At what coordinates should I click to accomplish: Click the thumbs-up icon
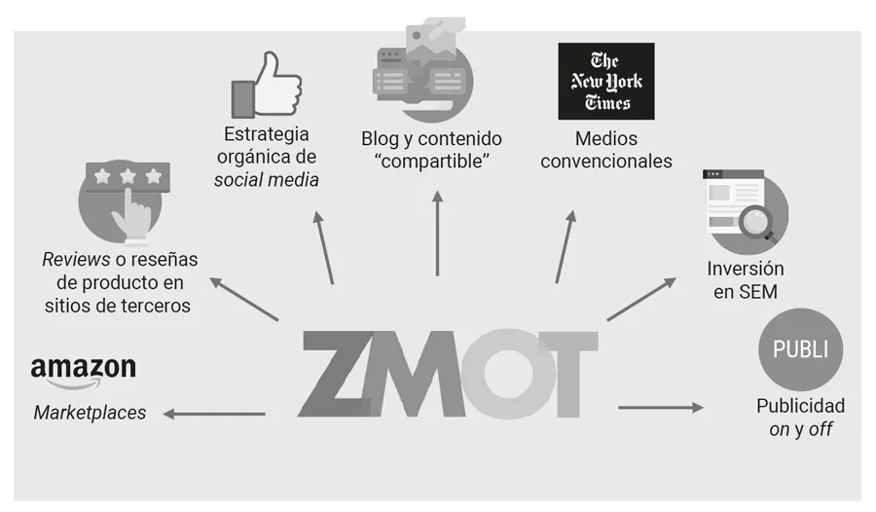(266, 87)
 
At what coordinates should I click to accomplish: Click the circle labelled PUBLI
(800, 348)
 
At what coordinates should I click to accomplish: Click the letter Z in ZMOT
(341, 374)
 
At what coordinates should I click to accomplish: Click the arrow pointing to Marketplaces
(214, 414)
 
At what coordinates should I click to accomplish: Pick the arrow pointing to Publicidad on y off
(660, 407)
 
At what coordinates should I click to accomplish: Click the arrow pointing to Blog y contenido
(437, 234)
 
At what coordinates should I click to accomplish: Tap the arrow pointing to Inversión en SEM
(640, 299)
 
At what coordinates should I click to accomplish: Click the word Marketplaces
(90, 413)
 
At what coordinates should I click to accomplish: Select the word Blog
(381, 138)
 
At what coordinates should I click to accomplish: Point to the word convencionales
(605, 161)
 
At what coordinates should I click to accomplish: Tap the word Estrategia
(266, 133)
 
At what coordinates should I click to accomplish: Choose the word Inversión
(746, 269)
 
